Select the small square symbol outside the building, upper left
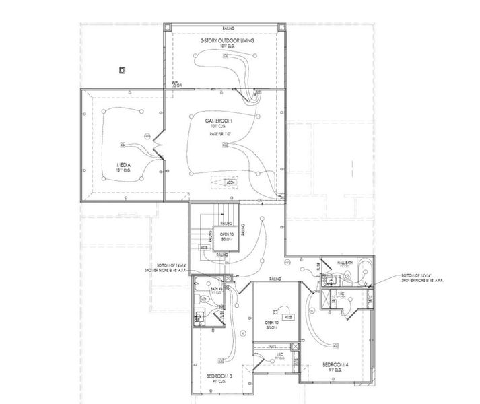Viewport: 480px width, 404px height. coord(122,69)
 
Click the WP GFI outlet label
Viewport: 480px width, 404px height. coord(177,85)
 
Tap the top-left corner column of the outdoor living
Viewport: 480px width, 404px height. coord(168,28)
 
